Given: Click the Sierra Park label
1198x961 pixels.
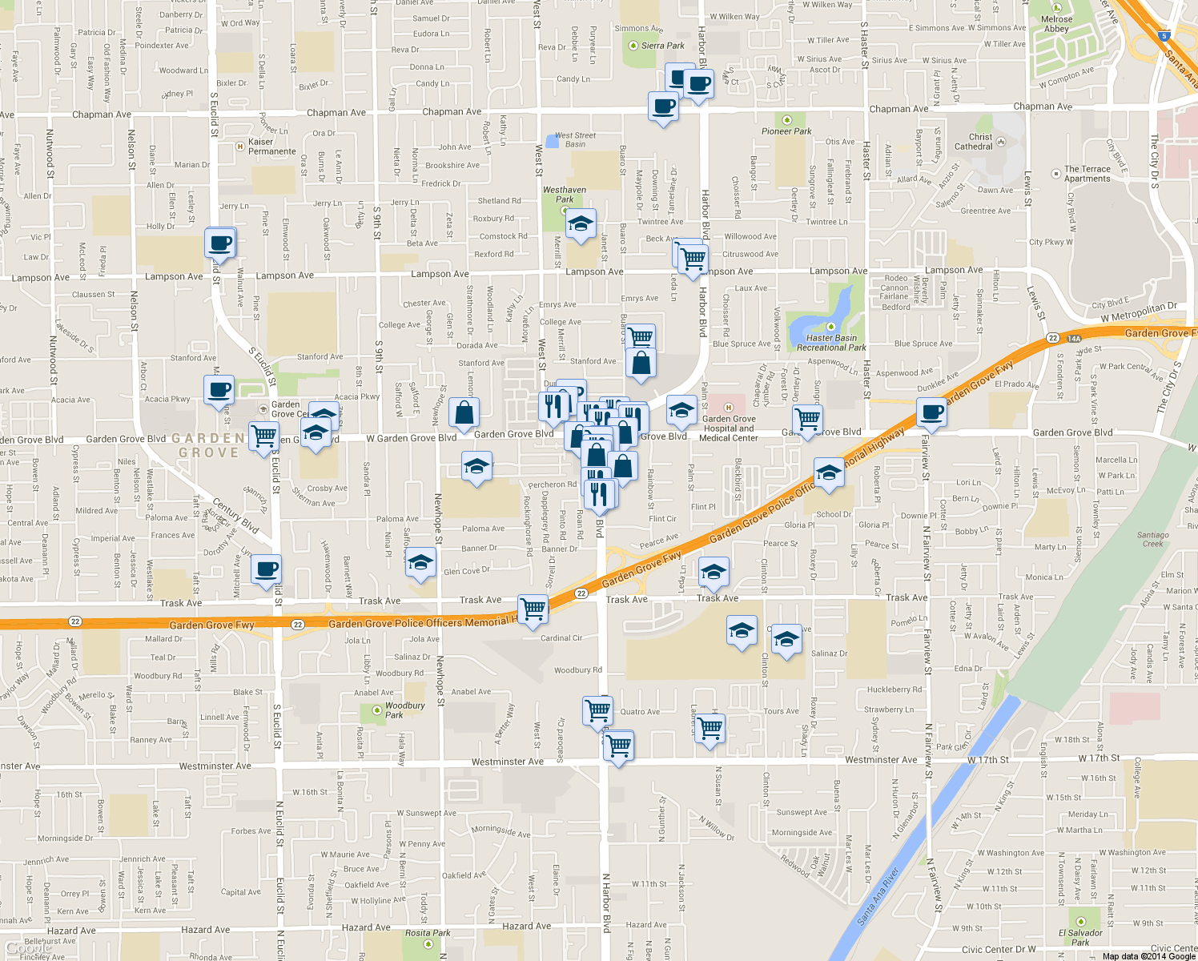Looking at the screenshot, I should point(662,46).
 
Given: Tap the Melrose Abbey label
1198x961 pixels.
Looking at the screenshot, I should point(1056,24).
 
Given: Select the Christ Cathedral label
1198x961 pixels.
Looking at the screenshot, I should point(974,142).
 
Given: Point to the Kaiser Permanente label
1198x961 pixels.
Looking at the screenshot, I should point(271,147).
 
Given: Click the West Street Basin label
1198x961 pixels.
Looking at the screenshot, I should point(575,140).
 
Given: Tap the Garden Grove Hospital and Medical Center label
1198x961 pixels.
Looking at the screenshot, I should point(728,428).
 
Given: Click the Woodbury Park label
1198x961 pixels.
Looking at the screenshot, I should point(404,710).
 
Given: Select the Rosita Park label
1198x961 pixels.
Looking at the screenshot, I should point(428,933).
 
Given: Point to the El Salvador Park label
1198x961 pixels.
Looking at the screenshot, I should point(1080,937).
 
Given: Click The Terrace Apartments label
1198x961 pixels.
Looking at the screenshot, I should point(1087,174).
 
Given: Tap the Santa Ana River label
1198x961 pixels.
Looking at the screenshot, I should point(878,896).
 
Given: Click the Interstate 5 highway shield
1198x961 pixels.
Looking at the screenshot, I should point(1164,36).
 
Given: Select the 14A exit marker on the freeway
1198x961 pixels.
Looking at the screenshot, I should point(1074,339).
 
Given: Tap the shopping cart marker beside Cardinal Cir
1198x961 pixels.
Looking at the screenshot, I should point(533,609).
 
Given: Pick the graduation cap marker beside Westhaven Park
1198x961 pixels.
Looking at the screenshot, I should point(581,223).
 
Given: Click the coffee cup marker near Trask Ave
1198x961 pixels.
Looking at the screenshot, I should point(267,569).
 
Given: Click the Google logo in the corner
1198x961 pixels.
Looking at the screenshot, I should point(29,948).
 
